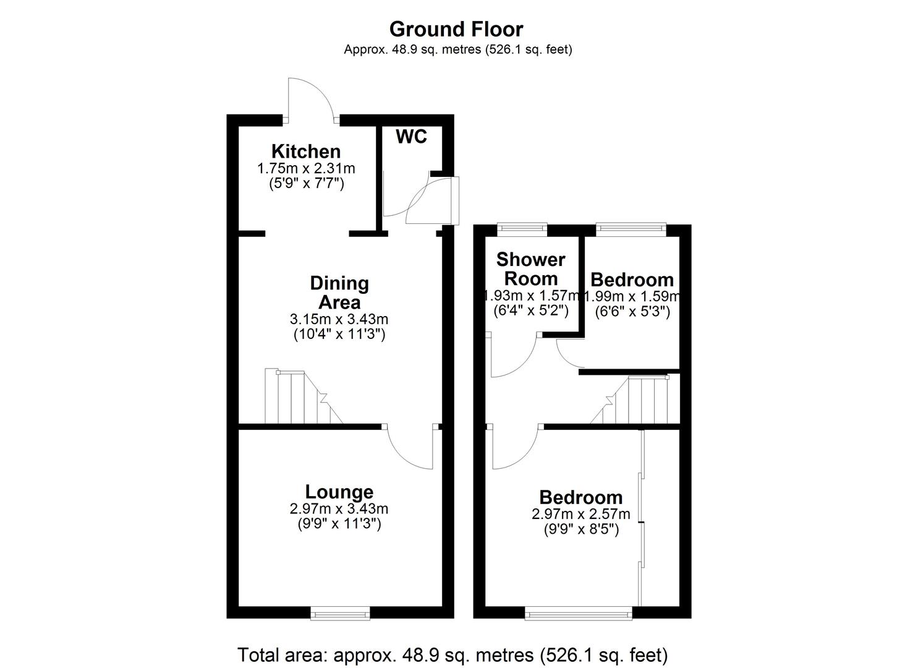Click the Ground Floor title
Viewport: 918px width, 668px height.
click(x=456, y=29)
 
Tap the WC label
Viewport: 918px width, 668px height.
click(x=411, y=137)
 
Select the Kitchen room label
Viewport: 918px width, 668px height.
click(x=306, y=151)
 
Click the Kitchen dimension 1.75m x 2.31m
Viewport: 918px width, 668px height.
click(x=306, y=168)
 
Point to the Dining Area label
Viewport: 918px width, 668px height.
click(x=339, y=293)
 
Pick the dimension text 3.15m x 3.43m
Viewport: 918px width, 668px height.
click(x=339, y=319)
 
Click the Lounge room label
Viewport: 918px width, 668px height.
click(x=339, y=492)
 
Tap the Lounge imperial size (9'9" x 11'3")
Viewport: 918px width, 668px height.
click(x=339, y=524)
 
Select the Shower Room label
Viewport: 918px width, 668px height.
click(x=531, y=268)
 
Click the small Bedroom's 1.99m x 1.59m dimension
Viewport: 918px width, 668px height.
click(x=632, y=296)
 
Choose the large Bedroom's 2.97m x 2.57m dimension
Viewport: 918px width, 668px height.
click(x=581, y=514)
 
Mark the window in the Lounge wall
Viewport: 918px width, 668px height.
click(x=341, y=613)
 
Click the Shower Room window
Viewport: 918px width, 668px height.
click(x=523, y=229)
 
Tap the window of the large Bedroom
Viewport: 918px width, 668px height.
click(x=579, y=613)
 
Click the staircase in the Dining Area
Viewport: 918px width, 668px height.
click(x=300, y=398)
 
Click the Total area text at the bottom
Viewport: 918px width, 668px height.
click(x=453, y=654)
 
